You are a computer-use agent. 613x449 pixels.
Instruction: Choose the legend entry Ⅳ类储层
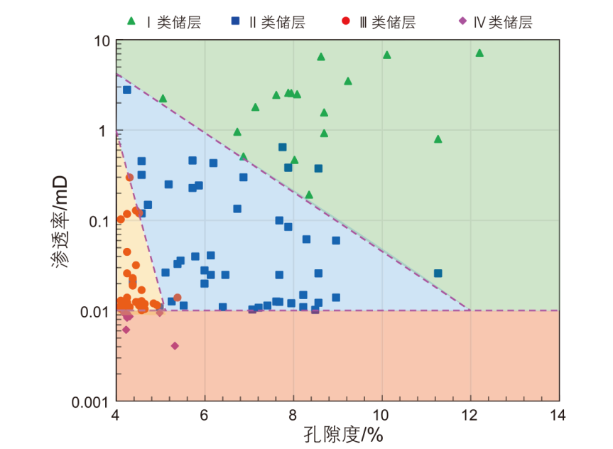tap(496, 21)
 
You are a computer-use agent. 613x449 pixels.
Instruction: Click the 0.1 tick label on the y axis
tap(97, 221)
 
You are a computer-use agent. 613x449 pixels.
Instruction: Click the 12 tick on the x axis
tap(471, 415)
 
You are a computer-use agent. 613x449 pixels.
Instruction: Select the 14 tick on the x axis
tap(559, 415)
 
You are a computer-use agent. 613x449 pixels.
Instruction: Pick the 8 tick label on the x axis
tap(293, 415)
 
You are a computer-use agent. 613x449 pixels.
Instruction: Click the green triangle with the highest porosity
tap(479, 53)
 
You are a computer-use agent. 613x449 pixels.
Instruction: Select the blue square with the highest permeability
tap(127, 90)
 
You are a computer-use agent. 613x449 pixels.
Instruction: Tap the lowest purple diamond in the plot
tap(175, 346)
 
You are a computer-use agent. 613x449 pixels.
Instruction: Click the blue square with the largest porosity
tap(438, 273)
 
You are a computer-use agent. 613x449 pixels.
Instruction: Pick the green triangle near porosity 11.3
tap(438, 139)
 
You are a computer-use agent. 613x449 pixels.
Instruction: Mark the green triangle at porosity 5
tap(163, 99)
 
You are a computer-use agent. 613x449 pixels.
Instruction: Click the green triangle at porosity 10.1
tap(387, 55)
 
